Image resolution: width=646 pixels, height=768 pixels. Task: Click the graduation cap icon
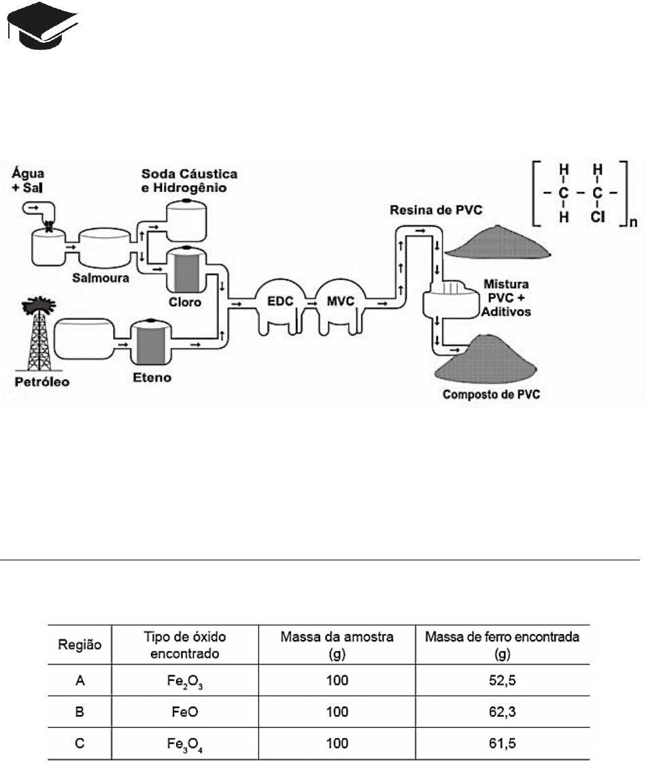click(42, 25)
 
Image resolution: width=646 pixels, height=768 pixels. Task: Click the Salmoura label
click(101, 278)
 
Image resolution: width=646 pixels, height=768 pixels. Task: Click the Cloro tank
click(186, 270)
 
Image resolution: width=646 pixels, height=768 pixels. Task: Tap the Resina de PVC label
click(436, 210)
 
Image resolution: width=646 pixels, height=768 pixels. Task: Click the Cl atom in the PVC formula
click(598, 217)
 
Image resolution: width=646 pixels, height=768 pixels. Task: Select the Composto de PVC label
click(491, 394)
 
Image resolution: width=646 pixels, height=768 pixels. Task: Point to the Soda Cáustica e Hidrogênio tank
click(186, 221)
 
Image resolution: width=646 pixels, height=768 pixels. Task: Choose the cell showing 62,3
click(503, 711)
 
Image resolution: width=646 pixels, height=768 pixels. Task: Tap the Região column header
click(80, 645)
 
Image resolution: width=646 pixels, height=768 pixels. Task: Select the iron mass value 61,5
click(503, 743)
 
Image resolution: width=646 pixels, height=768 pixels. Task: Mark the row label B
click(80, 711)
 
